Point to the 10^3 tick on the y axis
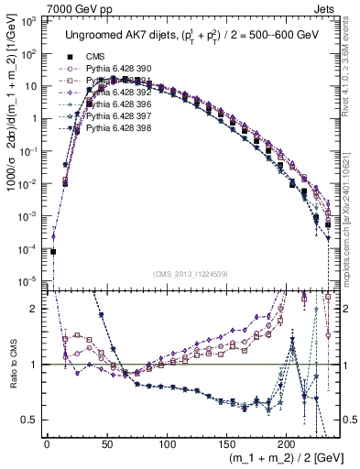click(31, 19)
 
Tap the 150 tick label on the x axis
click(226, 444)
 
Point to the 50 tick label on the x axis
click(106, 444)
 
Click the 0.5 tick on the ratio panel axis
click(33, 420)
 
